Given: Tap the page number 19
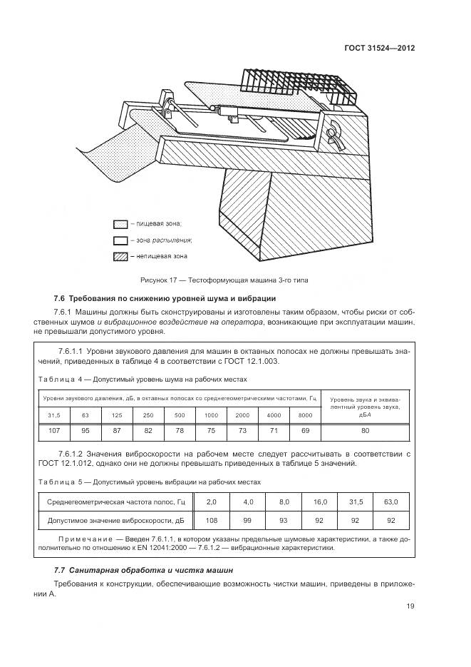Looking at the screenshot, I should click(410, 606).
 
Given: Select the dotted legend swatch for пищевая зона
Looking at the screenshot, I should click(120, 224).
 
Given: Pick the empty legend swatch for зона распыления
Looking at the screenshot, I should click(120, 240).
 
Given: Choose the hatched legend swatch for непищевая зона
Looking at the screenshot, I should click(120, 255).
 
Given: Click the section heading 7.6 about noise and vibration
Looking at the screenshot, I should click(165, 298).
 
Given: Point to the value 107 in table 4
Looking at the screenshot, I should click(54, 430).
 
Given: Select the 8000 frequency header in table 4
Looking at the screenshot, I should click(305, 414).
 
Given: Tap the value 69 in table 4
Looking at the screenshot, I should click(305, 430).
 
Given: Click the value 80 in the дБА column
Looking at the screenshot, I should click(365, 430).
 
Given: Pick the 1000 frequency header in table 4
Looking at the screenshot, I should click(211, 414).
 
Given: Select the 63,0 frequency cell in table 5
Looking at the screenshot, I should click(390, 501).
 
